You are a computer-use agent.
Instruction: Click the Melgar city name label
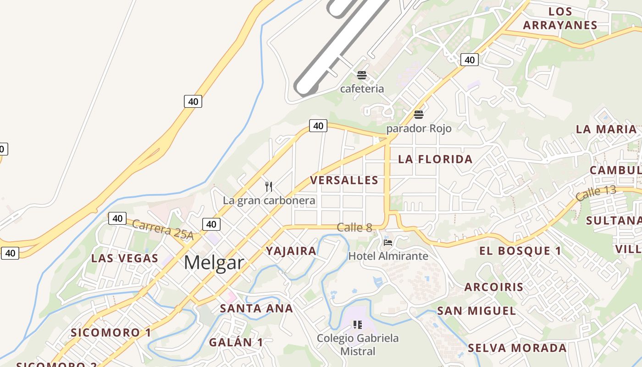pyautogui.click(x=214, y=263)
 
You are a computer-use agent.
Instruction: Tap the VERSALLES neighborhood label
pyautogui.click(x=344, y=180)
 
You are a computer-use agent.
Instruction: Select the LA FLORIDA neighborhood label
pyautogui.click(x=435, y=159)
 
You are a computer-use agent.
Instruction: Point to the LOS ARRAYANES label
pyautogui.click(x=560, y=18)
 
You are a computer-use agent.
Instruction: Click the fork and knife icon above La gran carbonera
pyautogui.click(x=269, y=187)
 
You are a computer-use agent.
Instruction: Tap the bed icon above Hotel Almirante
pyautogui.click(x=388, y=242)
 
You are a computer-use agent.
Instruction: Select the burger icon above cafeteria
pyautogui.click(x=362, y=75)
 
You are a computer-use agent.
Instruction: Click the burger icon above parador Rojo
pyautogui.click(x=418, y=114)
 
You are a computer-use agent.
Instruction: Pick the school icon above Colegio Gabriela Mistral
pyautogui.click(x=358, y=325)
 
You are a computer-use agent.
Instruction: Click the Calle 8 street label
pyautogui.click(x=354, y=227)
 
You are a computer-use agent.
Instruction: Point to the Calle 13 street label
pyautogui.click(x=596, y=194)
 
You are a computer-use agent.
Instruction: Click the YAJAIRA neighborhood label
pyautogui.click(x=291, y=251)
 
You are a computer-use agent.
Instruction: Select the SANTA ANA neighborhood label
pyautogui.click(x=256, y=309)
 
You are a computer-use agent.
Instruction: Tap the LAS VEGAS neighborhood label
pyautogui.click(x=125, y=258)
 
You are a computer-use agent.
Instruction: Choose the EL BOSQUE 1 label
pyautogui.click(x=520, y=251)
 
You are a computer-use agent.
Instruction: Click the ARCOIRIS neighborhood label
pyautogui.click(x=493, y=287)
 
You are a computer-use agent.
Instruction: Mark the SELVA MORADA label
pyautogui.click(x=517, y=348)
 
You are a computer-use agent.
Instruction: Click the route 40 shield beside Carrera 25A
pyautogui.click(x=117, y=218)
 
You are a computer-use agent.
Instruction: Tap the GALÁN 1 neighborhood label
pyautogui.click(x=236, y=342)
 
